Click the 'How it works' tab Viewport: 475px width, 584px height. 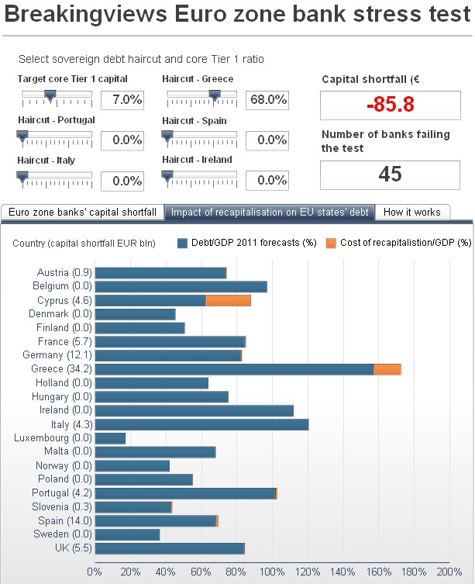[x=411, y=212]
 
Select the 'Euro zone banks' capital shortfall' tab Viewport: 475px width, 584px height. [x=83, y=212]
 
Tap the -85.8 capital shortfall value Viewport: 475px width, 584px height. [x=390, y=105]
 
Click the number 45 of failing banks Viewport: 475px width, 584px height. [x=390, y=174]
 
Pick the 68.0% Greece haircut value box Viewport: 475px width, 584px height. [x=267, y=99]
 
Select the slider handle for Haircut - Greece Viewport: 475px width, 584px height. [x=215, y=95]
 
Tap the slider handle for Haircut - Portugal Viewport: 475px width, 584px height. [x=22, y=136]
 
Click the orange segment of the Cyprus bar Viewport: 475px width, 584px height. [x=228, y=300]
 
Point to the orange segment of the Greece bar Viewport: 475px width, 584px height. [x=387, y=369]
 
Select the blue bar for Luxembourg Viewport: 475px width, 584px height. [x=109, y=438]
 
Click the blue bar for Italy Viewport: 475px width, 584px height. [x=201, y=424]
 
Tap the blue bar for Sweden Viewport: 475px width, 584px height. [x=126, y=534]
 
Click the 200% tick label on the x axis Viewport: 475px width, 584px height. [x=449, y=572]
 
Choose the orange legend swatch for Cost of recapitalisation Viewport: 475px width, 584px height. [x=331, y=243]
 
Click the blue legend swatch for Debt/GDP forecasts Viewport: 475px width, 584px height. [x=183, y=243]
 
